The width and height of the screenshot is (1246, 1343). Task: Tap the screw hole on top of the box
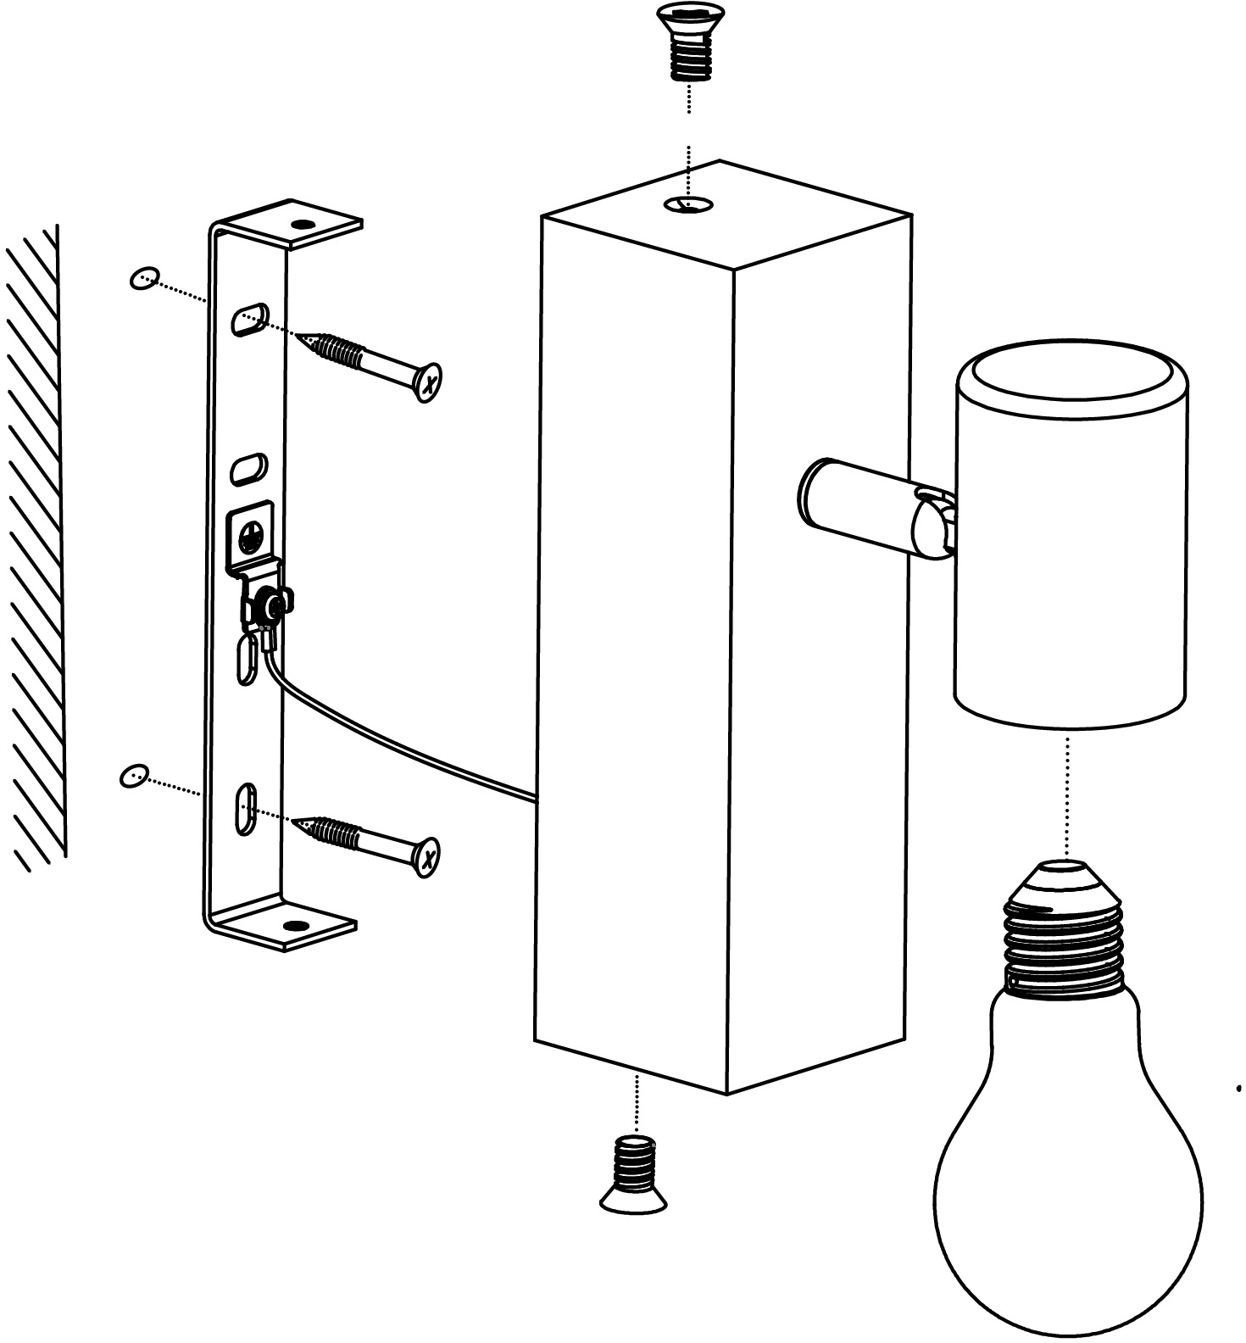click(x=688, y=203)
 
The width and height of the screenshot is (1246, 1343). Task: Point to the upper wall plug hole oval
click(x=145, y=277)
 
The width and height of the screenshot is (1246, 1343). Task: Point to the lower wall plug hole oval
click(x=134, y=775)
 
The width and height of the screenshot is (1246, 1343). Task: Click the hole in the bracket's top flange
click(x=302, y=225)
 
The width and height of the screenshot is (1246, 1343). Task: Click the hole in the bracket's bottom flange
click(x=294, y=925)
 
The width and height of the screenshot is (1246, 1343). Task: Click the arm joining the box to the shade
click(x=856, y=505)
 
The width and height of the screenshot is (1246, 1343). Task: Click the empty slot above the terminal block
click(x=249, y=468)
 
